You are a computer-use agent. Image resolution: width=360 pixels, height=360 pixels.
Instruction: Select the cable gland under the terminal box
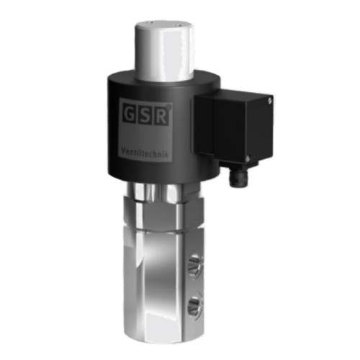pos(236,177)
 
